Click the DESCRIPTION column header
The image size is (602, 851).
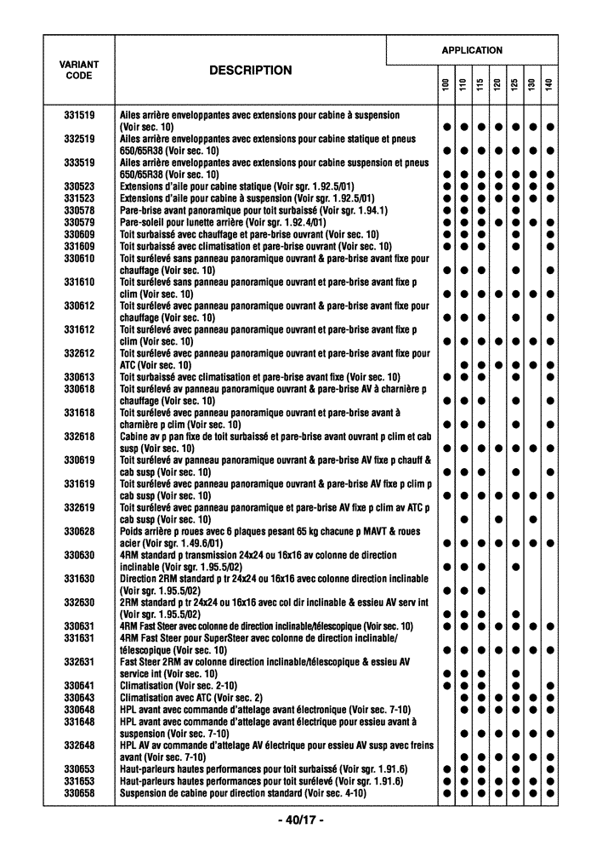coord(250,71)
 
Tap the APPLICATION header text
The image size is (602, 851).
coord(472,50)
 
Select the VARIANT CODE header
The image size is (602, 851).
coord(79,70)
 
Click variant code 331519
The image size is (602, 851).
coord(79,115)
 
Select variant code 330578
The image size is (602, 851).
coord(79,210)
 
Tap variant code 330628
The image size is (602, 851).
coord(79,531)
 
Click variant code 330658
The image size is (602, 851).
coord(79,793)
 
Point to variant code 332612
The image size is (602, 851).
coord(79,353)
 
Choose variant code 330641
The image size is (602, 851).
coord(79,685)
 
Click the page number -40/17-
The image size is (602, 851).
coord(301,820)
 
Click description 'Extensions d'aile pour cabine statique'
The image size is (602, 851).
coord(237,186)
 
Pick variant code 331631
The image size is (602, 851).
coord(79,637)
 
